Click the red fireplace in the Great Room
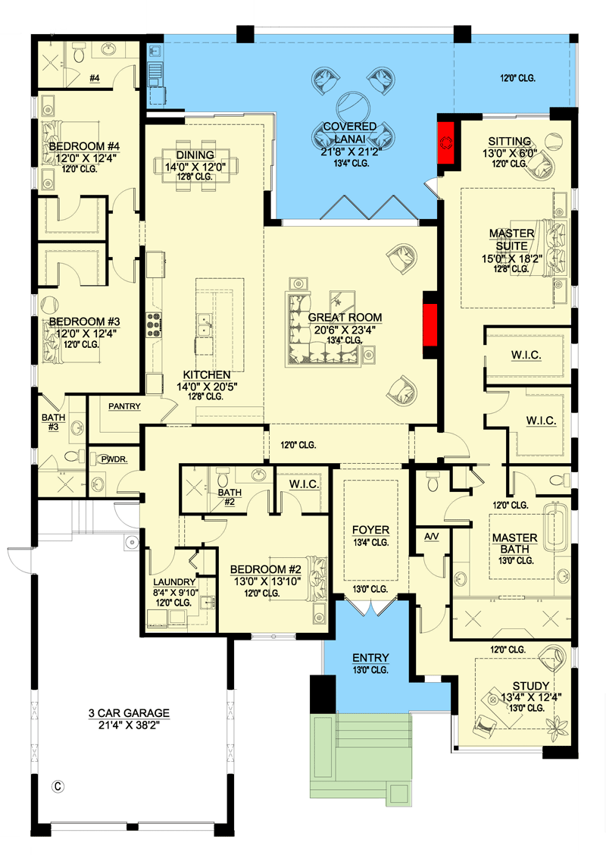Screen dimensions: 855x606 click(x=430, y=324)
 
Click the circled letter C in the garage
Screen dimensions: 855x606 click(x=56, y=786)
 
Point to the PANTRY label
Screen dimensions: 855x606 click(x=124, y=406)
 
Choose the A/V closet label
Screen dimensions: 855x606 click(x=432, y=536)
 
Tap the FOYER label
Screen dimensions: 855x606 click(x=370, y=529)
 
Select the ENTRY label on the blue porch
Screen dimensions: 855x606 click(x=370, y=657)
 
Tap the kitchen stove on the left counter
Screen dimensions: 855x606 click(x=155, y=324)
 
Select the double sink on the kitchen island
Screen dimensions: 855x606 click(x=202, y=327)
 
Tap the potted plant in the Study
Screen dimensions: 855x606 click(x=561, y=729)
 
